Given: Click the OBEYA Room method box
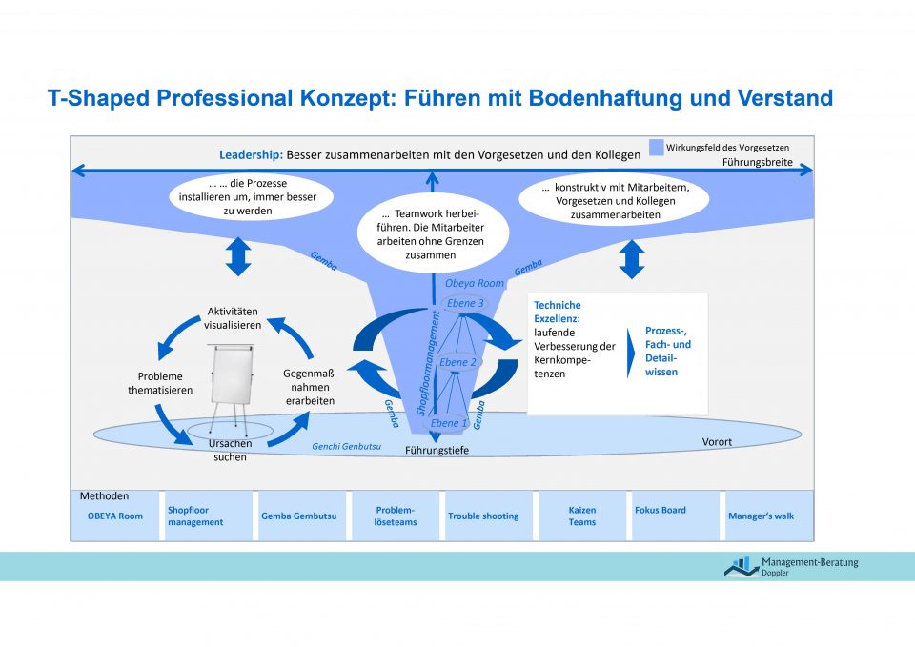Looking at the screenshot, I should pos(115,516).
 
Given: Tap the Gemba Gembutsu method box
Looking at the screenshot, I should pos(299,516).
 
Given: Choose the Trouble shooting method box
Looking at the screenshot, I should pos(483,516).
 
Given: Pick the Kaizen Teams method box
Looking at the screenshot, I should pos(581,516).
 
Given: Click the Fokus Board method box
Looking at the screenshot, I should pos(672,516).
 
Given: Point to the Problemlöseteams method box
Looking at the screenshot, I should pos(396,516).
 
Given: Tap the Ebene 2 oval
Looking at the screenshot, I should pos(458,362).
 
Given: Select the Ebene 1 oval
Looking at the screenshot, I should pos(449,422).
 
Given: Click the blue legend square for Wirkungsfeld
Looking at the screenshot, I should pos(656,148).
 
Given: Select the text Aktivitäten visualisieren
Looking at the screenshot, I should pos(233,318).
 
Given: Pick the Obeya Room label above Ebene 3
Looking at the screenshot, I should pos(475,283).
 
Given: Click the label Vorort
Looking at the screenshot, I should pos(717,442).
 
